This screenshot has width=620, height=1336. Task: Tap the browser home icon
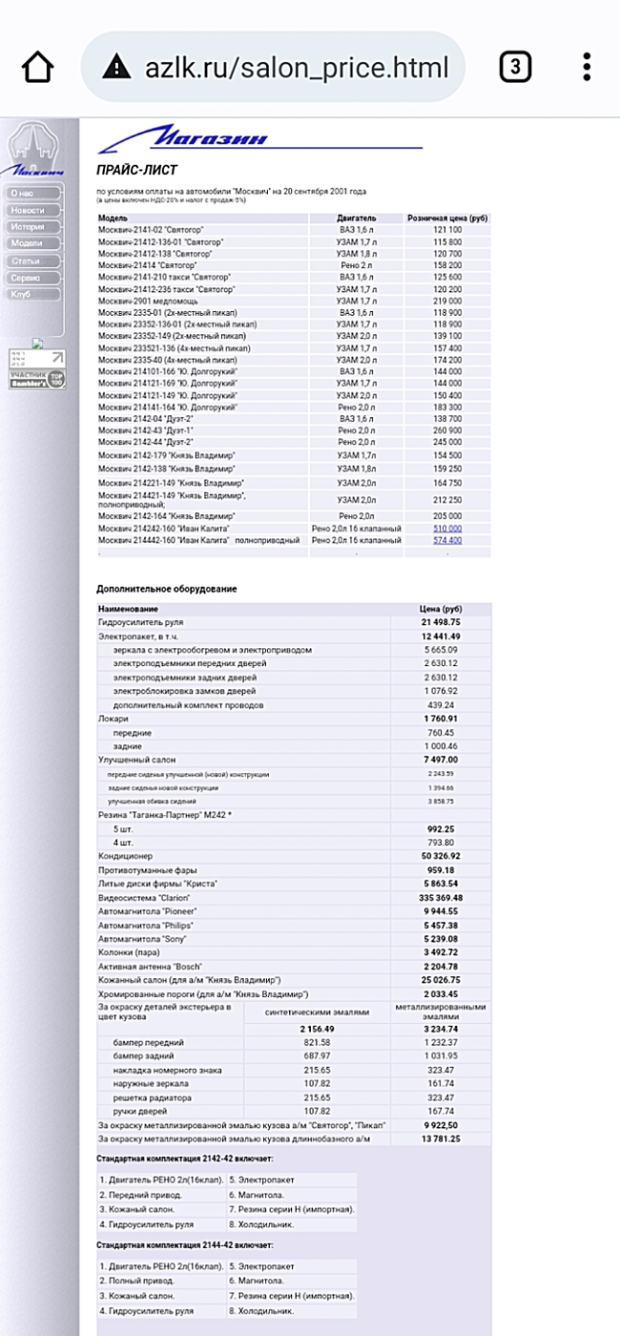tap(37, 67)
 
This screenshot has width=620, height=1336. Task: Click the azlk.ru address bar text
tap(296, 67)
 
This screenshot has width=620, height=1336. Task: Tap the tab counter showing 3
tap(515, 67)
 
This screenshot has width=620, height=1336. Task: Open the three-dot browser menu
tap(587, 67)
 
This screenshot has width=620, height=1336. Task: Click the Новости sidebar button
tap(29, 210)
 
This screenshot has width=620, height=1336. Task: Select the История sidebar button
tap(29, 227)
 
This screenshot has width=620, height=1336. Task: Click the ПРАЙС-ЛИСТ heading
tap(137, 170)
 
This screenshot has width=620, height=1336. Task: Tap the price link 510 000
tap(447, 528)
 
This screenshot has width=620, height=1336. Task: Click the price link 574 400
tap(447, 540)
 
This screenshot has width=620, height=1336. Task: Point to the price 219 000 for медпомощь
tap(447, 301)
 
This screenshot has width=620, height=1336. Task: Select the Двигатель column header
tap(357, 218)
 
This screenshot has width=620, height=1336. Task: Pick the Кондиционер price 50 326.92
tap(440, 856)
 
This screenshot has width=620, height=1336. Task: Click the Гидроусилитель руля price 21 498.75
tap(440, 622)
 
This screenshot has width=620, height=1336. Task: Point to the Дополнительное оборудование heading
tap(167, 589)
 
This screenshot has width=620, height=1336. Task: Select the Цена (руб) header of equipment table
tap(441, 608)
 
